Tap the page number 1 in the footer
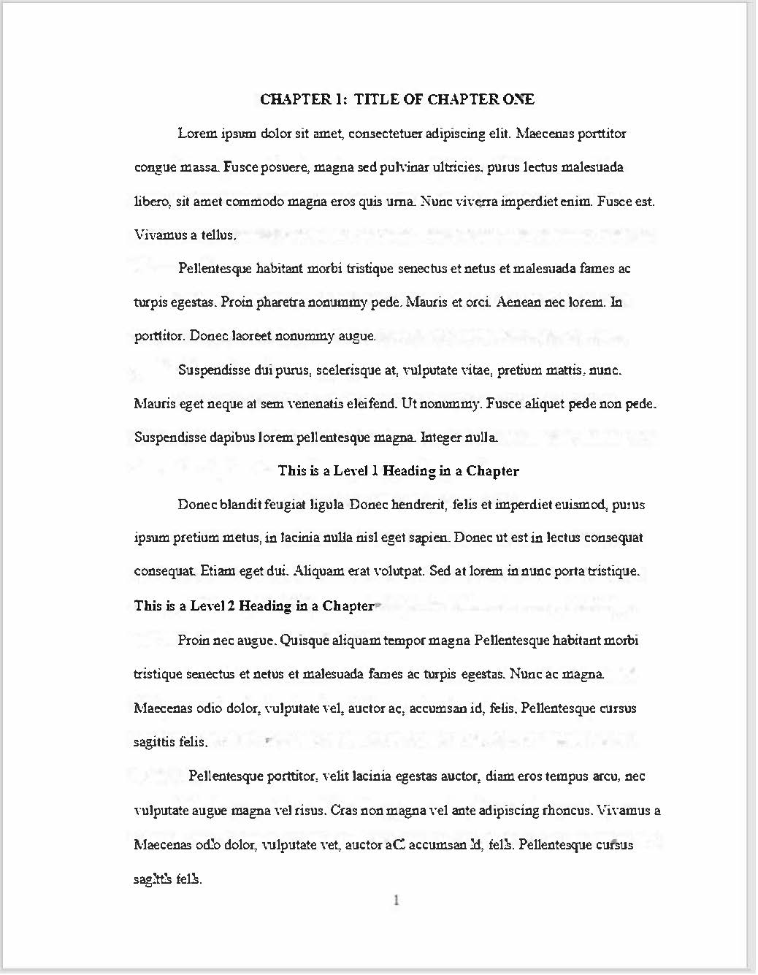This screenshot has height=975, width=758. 397,901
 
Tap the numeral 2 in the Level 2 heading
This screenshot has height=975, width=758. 231,606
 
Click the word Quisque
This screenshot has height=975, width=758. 305,641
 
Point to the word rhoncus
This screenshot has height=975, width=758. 567,811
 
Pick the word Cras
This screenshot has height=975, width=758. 345,811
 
